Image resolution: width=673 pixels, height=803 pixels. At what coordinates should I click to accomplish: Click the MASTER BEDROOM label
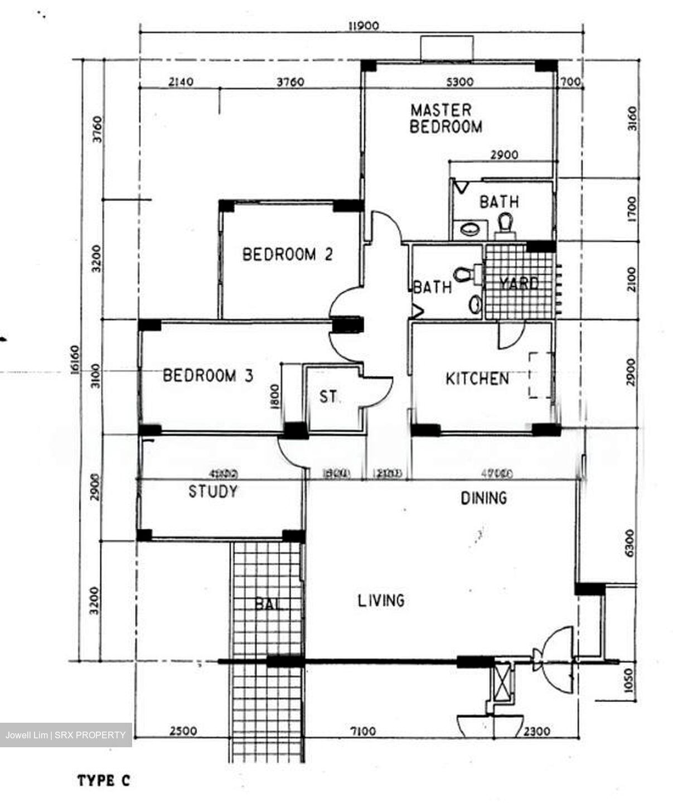446,118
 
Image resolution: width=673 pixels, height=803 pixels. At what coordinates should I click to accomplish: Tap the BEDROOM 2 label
287,254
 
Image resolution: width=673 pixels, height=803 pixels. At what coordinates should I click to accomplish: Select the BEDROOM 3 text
208,375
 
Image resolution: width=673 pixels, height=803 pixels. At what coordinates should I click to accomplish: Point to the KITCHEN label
477,379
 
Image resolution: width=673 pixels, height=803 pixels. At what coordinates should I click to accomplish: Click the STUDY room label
213,491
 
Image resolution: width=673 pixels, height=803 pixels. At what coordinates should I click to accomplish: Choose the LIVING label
381,601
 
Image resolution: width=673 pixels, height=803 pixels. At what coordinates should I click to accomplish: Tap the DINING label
483,497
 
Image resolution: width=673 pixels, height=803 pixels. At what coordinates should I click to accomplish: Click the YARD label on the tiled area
519,283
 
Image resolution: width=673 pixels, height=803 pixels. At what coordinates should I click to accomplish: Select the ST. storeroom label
329,397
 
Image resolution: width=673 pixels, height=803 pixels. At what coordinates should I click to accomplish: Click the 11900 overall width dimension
362,26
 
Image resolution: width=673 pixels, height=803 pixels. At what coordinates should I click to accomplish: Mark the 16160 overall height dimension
76,361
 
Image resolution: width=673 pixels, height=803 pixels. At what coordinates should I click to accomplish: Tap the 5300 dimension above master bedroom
460,82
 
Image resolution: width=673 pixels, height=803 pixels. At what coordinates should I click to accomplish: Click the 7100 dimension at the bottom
363,731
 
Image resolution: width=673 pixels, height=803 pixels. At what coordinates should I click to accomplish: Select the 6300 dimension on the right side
630,543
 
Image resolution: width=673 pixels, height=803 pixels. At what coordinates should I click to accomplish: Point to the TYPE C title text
103,781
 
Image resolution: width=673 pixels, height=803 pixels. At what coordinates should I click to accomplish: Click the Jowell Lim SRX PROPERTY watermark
66,735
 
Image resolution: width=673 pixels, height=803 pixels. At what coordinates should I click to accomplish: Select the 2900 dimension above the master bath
503,154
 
